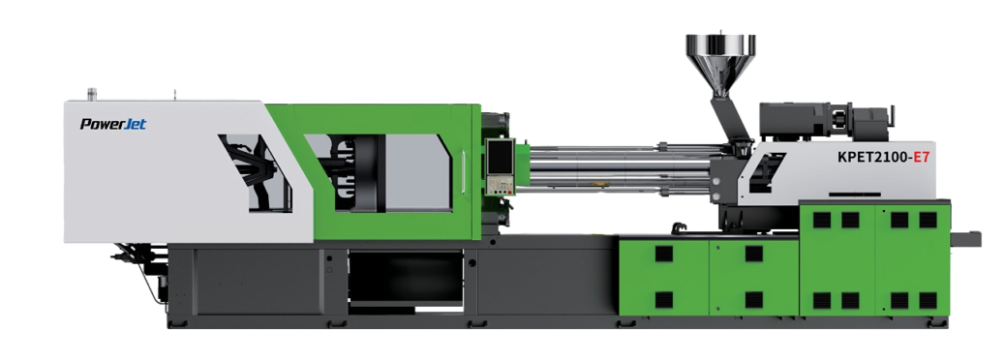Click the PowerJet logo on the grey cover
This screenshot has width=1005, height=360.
(x=113, y=124)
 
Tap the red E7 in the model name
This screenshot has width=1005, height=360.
(x=921, y=157)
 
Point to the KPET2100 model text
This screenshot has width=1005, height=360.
(x=872, y=157)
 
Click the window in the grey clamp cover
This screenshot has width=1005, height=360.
(x=255, y=173)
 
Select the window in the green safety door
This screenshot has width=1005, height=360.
(x=379, y=172)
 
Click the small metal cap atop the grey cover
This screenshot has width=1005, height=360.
(x=92, y=94)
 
